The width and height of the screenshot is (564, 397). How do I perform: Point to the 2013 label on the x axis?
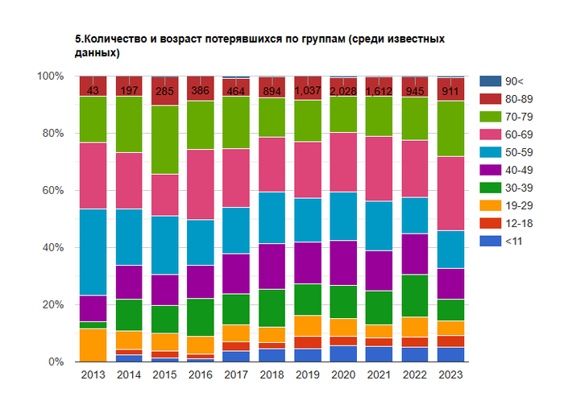coord(93,374)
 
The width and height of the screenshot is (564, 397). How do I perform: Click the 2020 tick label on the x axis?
coord(342,374)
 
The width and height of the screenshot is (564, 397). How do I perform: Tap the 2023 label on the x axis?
coord(450,374)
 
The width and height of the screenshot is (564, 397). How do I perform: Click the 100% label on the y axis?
coord(49,77)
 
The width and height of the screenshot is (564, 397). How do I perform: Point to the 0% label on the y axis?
coord(55,362)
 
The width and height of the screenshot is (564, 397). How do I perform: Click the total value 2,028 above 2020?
coord(342,90)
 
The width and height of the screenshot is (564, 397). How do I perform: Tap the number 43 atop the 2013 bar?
coord(93,90)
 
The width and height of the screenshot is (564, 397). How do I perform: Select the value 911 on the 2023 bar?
coord(450,90)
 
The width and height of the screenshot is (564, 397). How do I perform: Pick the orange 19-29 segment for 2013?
coord(93,345)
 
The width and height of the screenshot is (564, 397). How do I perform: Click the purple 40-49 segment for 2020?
coord(342,263)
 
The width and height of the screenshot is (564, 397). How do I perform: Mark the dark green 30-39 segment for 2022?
coord(414,296)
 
